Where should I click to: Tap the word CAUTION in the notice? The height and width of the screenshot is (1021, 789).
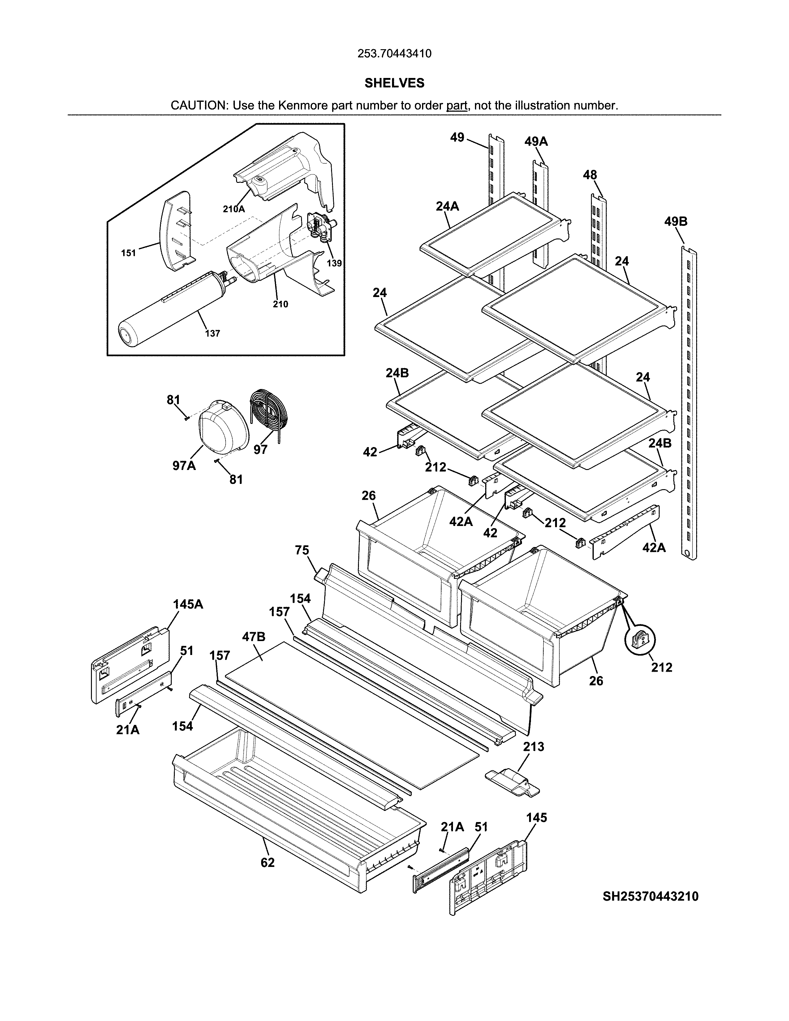(x=199, y=106)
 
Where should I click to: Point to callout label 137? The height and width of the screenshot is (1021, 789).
(x=213, y=334)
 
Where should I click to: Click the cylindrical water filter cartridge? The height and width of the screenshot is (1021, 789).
(x=173, y=308)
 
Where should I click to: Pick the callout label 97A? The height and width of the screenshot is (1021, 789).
(x=184, y=466)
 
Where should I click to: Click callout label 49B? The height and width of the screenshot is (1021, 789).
(x=675, y=222)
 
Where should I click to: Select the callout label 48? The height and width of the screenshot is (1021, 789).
(x=589, y=175)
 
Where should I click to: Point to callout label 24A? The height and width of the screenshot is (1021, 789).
(x=447, y=206)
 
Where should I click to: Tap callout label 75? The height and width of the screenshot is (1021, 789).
(x=302, y=551)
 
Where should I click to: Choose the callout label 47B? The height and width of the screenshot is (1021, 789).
(x=254, y=637)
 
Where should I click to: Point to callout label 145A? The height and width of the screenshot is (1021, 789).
(x=188, y=605)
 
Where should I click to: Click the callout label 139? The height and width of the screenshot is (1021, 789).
(x=334, y=263)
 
